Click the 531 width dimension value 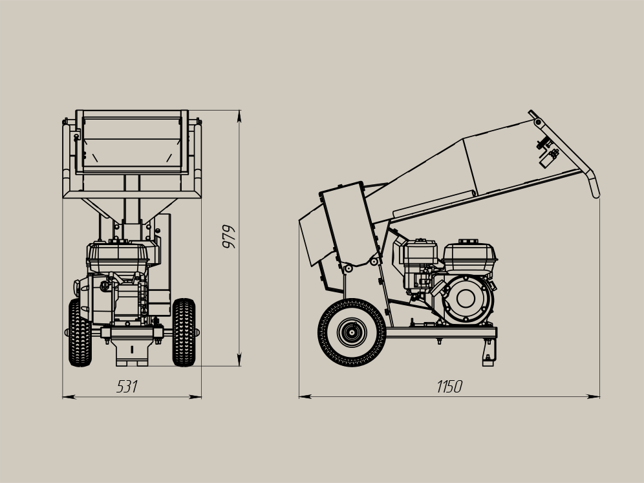pyautogui.click(x=127, y=387)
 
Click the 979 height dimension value pyautogui.click(x=229, y=237)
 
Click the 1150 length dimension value pyautogui.click(x=449, y=387)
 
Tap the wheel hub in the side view pyautogui.click(x=352, y=332)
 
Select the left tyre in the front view pyautogui.click(x=80, y=333)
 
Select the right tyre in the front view pyautogui.click(x=184, y=332)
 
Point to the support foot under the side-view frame pyautogui.click(x=489, y=352)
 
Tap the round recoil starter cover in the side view pyautogui.click(x=466, y=299)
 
